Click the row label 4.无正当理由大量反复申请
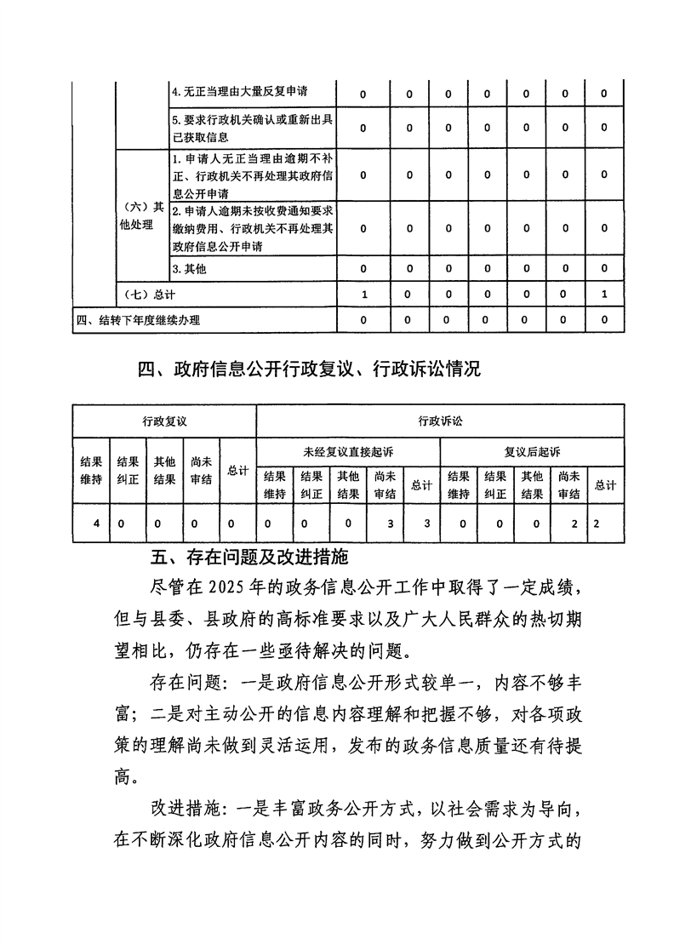click(x=240, y=92)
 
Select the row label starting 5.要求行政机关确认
click(x=251, y=128)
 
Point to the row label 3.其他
click(x=190, y=269)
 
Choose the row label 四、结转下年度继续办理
click(x=138, y=320)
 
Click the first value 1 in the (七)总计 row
click(x=363, y=295)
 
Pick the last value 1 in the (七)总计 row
click(x=603, y=295)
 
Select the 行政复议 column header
click(x=164, y=421)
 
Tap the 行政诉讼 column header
click(x=441, y=421)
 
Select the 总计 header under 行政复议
click(x=237, y=470)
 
